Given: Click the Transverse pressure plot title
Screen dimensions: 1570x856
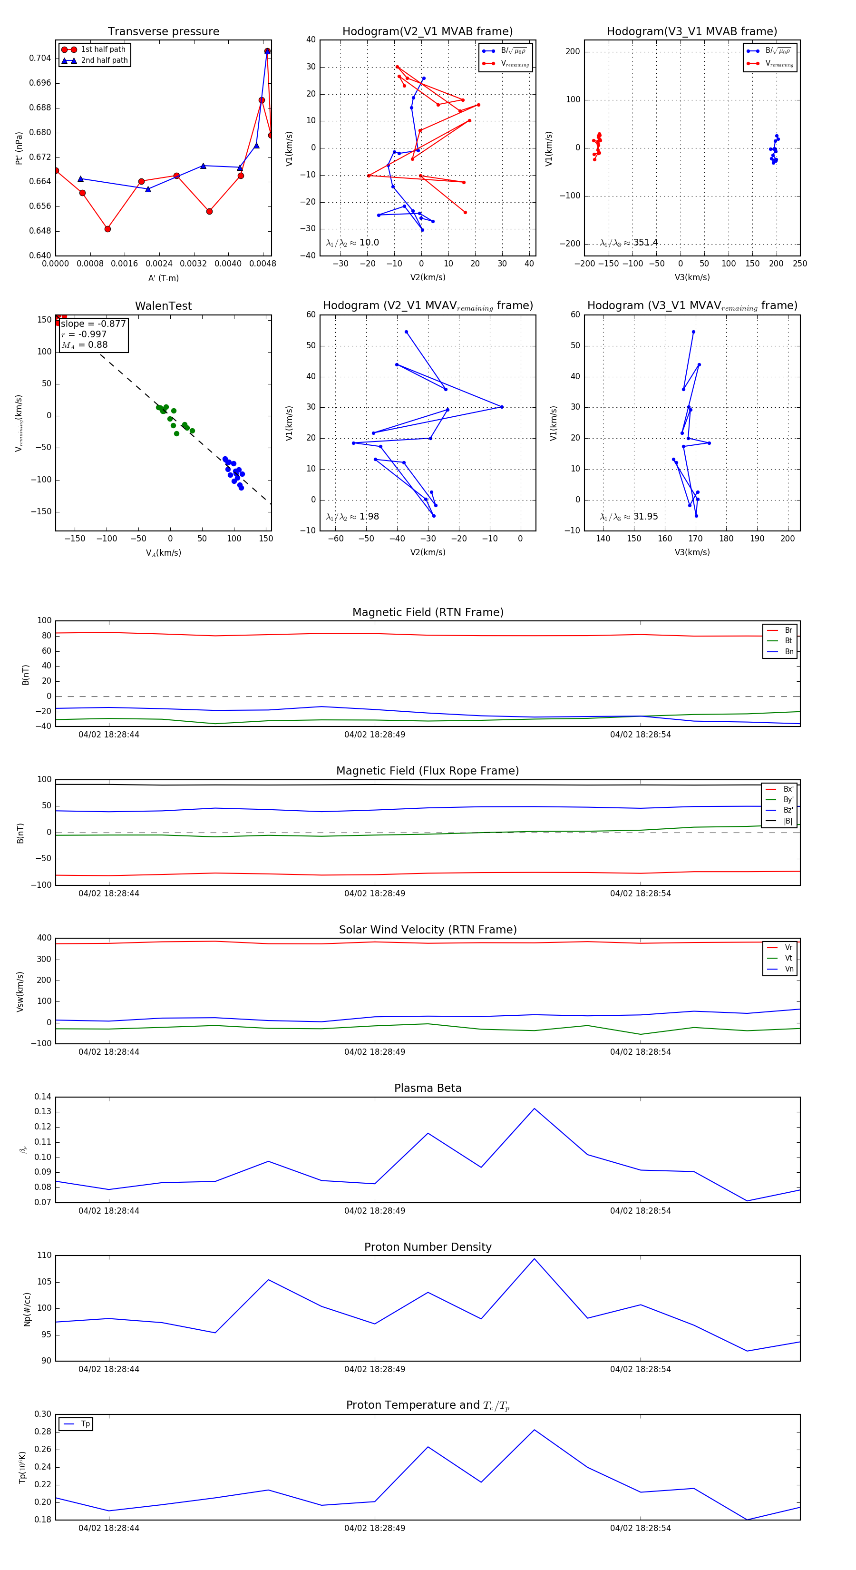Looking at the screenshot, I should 163,32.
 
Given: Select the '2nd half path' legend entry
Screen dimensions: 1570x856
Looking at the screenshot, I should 104,60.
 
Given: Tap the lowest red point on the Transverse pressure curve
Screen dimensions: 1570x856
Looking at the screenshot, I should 107,229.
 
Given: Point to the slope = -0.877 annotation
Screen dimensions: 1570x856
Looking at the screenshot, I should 93,324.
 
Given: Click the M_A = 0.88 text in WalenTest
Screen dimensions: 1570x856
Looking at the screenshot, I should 85,345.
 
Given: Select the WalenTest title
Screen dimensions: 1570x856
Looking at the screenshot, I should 163,306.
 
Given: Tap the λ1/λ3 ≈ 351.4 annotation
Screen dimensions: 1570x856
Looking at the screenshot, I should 629,243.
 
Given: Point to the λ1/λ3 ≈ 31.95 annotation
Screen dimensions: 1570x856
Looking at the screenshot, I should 629,517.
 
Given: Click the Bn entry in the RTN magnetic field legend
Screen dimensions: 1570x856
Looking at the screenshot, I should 789,651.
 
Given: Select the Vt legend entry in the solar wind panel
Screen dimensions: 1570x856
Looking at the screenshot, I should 788,958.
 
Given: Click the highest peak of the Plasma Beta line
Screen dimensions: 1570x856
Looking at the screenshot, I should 535,1109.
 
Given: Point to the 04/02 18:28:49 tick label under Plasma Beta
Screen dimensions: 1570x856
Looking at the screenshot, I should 374,1210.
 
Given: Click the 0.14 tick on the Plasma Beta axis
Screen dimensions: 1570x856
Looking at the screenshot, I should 43,1097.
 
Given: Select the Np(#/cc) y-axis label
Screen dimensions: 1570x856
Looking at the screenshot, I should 27,1308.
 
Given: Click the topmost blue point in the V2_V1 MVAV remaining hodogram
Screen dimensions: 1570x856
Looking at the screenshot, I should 407,332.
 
